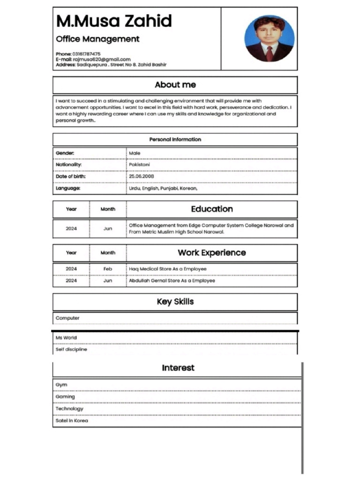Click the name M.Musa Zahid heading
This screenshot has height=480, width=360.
pos(114,21)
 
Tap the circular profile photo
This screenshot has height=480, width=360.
pos(270,39)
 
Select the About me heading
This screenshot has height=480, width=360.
pos(175,85)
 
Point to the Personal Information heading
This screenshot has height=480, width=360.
pos(175,139)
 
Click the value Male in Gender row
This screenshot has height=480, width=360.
pos(135,153)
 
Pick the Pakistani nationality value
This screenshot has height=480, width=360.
pos(139,165)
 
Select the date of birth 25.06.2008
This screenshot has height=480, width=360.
pos(142,177)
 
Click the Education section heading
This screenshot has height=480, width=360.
pos(212,209)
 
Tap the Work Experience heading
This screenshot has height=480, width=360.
pos(212,253)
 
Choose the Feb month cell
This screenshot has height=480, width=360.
pos(108,269)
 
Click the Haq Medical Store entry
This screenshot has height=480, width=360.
pos(167,269)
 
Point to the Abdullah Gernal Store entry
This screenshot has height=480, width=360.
pos(172,281)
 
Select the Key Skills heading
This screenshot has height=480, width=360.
pos(175,302)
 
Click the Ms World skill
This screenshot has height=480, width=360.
pos(66,337)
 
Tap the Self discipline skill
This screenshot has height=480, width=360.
pos(71,349)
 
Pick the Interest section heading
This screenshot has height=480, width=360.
pos(178,368)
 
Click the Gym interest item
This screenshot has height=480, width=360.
pos(61,385)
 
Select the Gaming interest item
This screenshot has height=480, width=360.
pos(65,397)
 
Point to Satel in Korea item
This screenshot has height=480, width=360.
pos(72,420)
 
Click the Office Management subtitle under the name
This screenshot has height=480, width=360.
pos(97,39)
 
